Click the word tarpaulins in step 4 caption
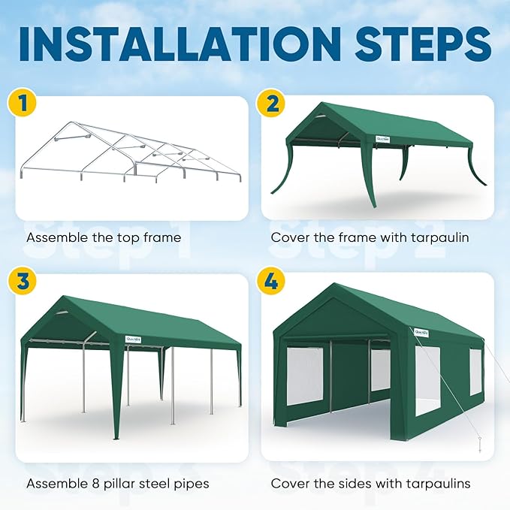coord(439,484)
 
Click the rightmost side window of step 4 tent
coord(475,373)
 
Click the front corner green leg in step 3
coord(116,391)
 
